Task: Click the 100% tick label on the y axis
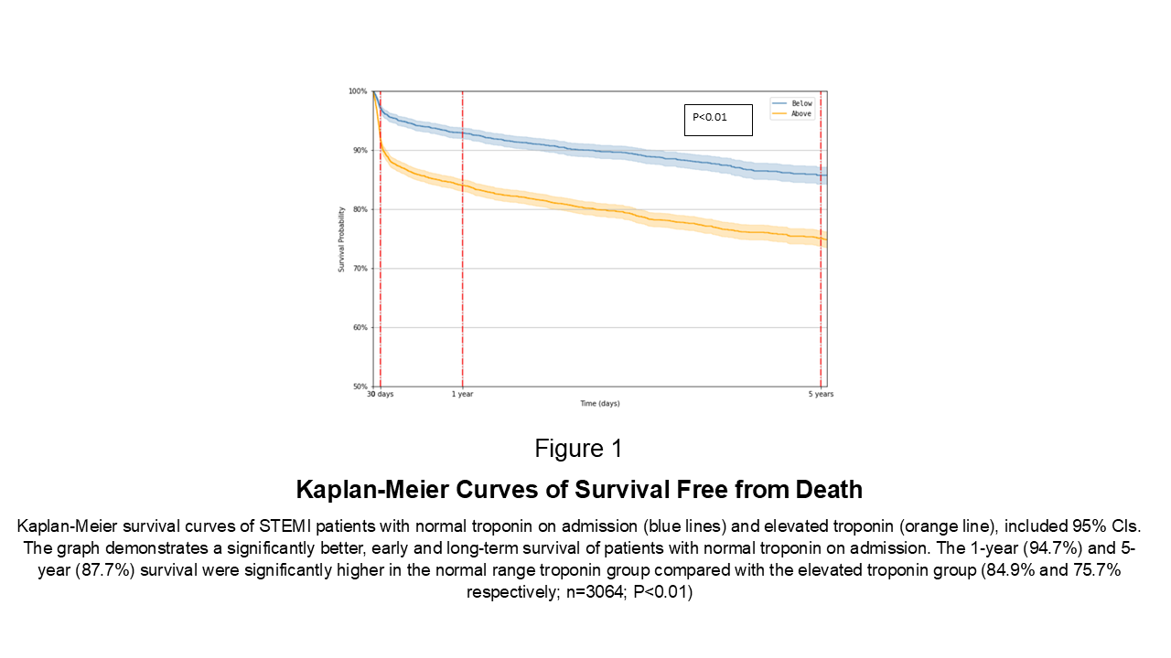[x=358, y=91]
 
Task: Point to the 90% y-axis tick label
[x=360, y=151]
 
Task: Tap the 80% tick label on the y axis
[x=360, y=209]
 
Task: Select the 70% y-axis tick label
[x=360, y=269]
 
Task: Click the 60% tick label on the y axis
[x=360, y=327]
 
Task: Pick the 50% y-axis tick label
[x=360, y=387]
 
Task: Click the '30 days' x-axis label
[x=380, y=394]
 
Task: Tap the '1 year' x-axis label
[x=463, y=394]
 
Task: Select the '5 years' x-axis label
[x=821, y=394]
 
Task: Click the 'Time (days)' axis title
[x=600, y=403]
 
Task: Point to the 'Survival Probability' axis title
[x=341, y=239]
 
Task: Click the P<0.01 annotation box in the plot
[x=718, y=120]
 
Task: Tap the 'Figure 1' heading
[x=578, y=449]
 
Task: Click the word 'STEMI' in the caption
[x=285, y=525]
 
